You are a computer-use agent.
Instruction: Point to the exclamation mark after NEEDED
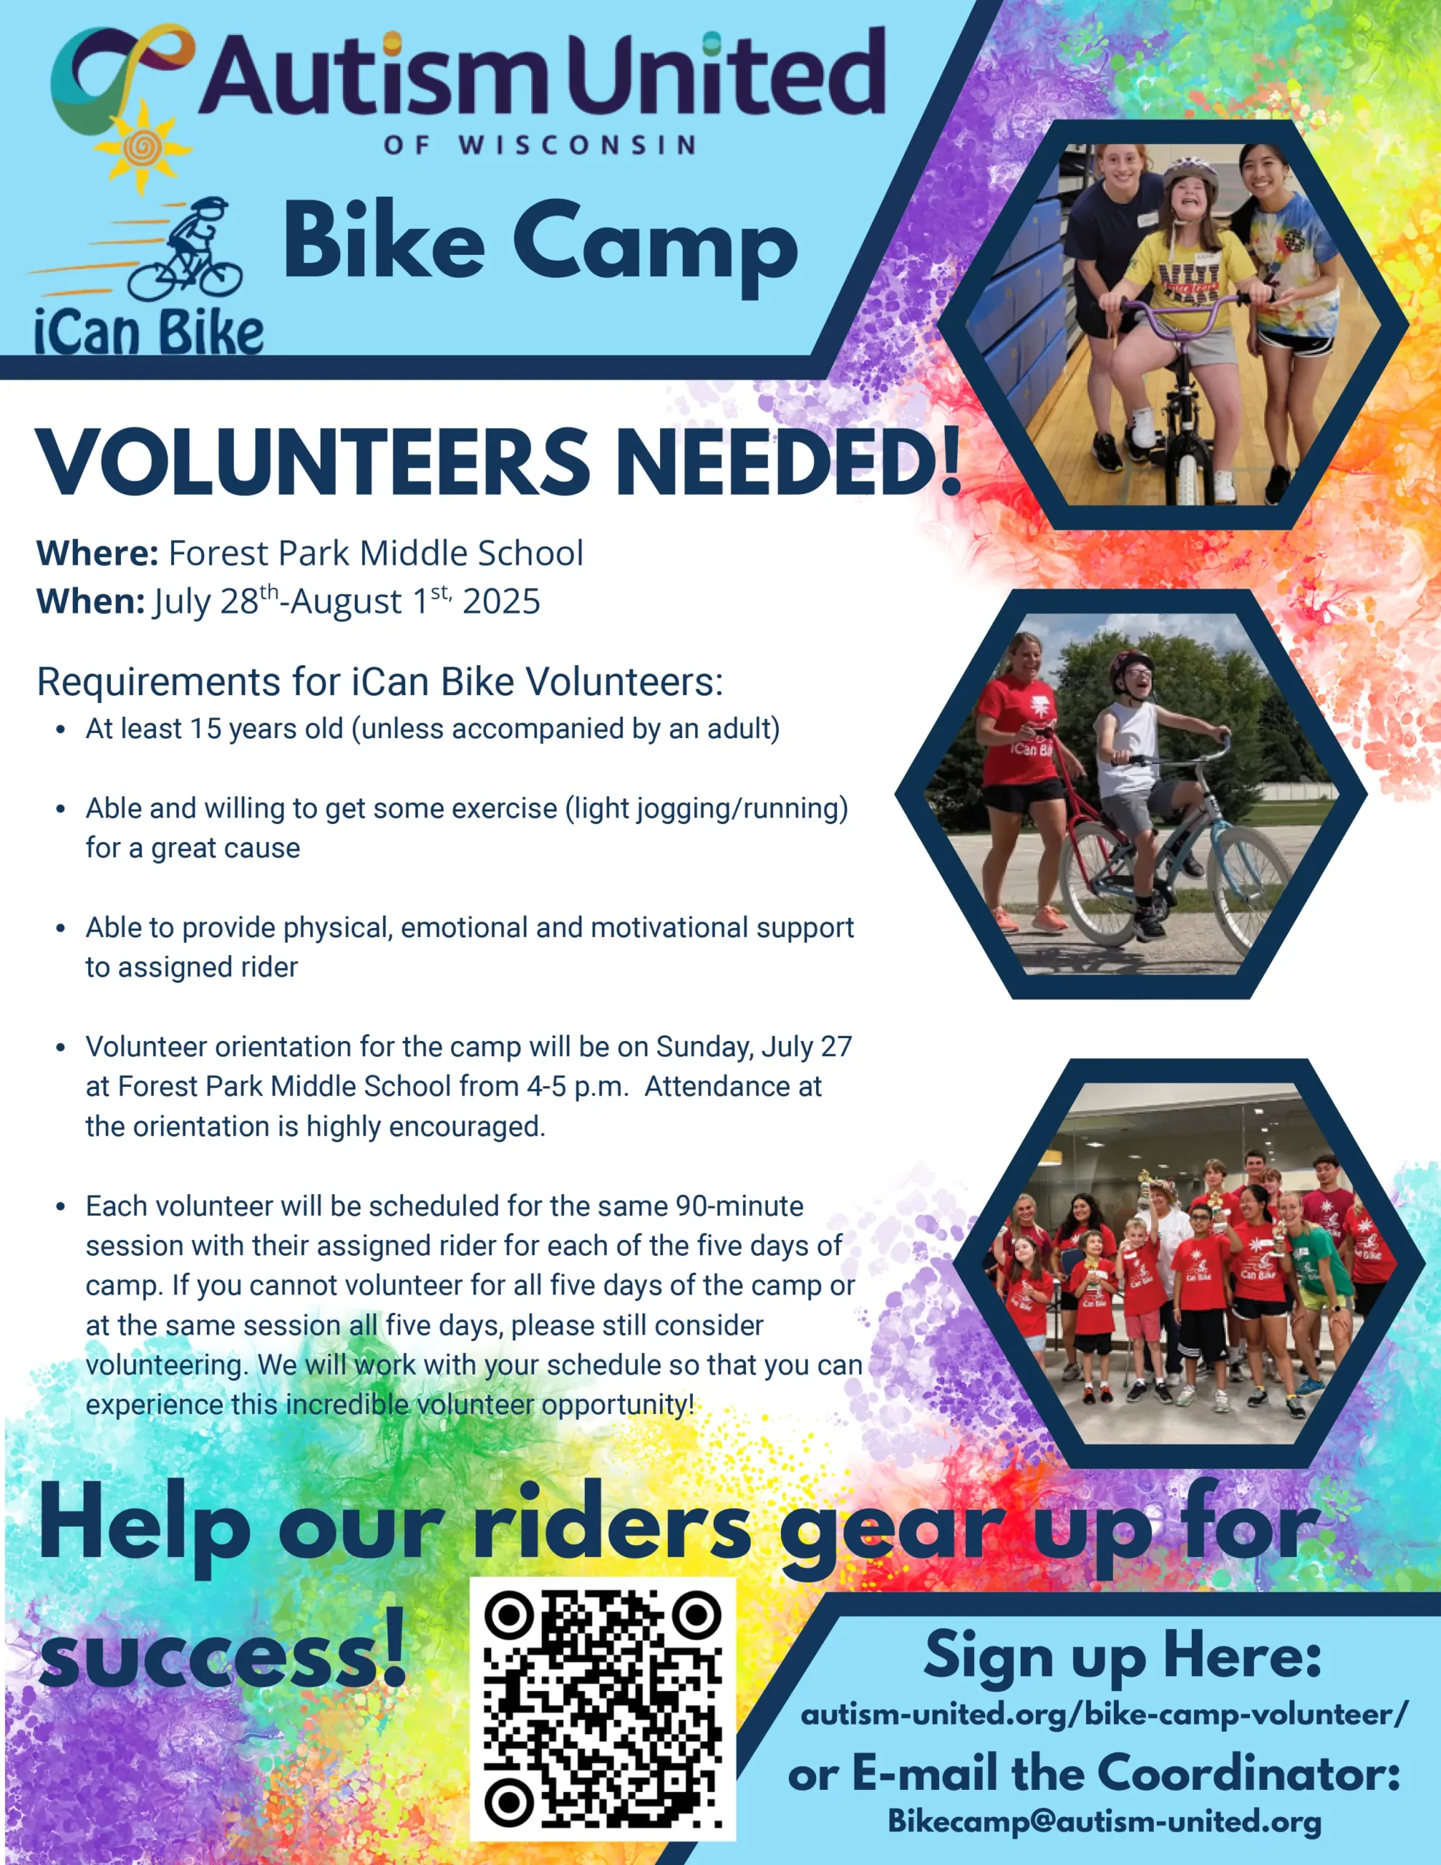click(951, 461)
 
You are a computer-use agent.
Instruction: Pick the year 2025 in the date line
click(501, 601)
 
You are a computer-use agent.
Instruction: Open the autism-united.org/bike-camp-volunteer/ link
click(1104, 1715)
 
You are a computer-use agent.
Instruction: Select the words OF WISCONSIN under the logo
click(540, 145)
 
